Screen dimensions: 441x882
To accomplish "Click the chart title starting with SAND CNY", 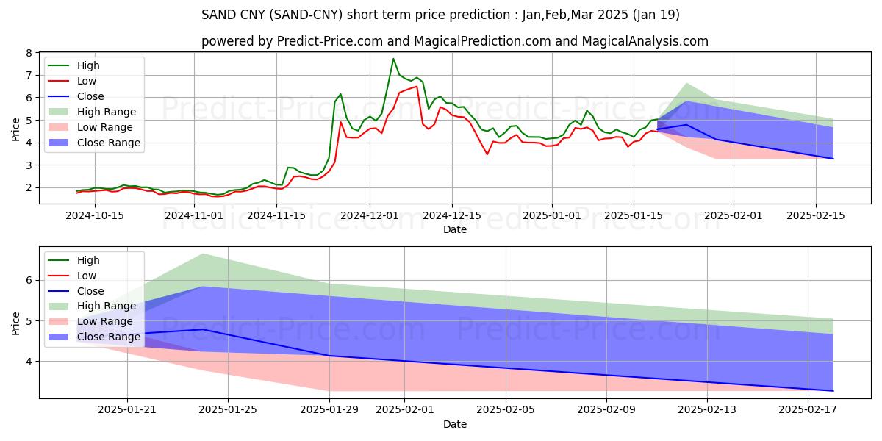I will point(440,15).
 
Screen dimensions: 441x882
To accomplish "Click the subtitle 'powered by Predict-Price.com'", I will point(455,41).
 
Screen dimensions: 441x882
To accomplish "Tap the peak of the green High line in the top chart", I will point(393,59).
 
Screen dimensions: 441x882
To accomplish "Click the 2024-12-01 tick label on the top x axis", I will point(369,215).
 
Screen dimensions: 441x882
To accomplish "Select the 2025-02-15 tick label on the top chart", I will point(816,215).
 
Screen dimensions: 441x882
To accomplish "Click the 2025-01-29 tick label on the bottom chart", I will point(329,410).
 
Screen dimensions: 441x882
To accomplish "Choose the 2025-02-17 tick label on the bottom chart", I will point(808,410).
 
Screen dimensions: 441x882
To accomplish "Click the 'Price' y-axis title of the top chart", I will point(16,129).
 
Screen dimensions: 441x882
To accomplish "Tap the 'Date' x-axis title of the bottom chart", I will point(455,424).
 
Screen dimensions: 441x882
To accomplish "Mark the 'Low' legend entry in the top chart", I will point(87,81).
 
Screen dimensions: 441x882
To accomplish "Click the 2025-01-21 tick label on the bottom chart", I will point(128,410).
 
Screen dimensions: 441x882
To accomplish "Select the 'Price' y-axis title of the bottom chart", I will point(16,323).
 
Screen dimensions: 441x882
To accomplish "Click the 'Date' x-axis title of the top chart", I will point(455,229).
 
